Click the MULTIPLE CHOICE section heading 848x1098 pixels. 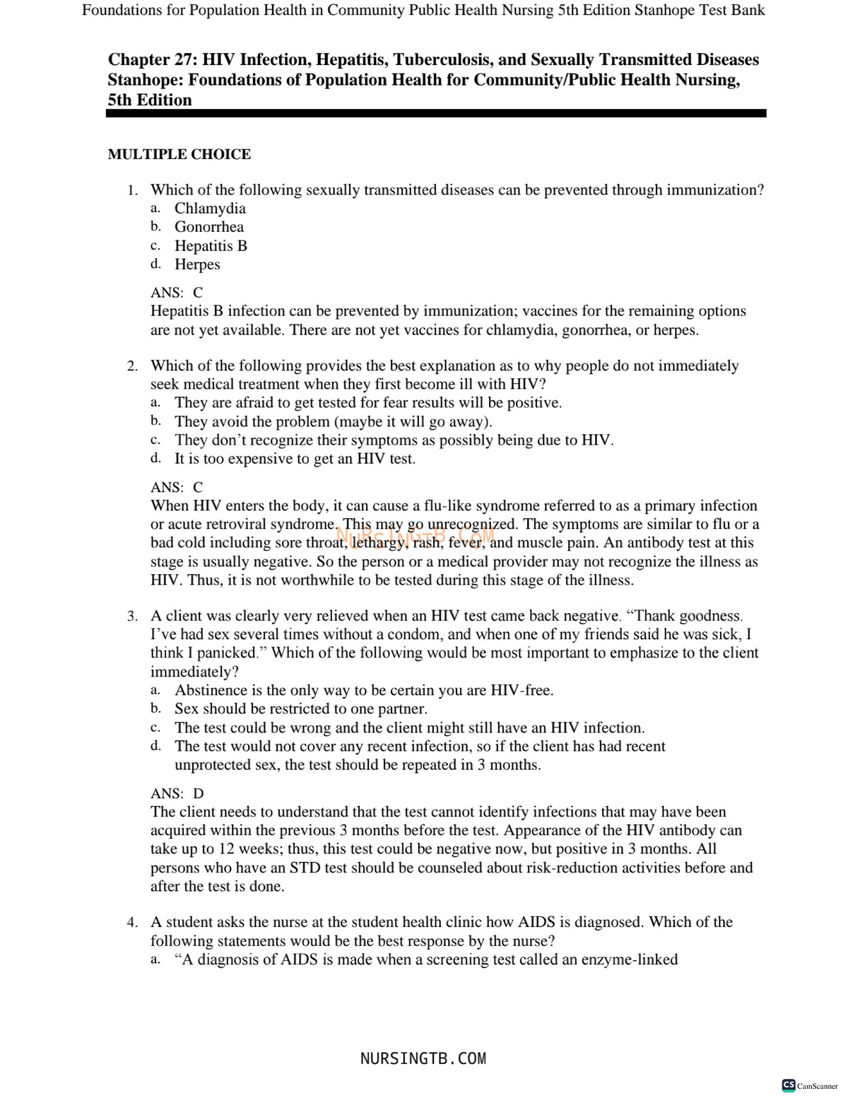(x=179, y=154)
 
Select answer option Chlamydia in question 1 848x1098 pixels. (x=210, y=208)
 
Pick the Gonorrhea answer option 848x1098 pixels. (x=208, y=227)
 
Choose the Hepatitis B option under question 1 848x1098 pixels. (x=211, y=245)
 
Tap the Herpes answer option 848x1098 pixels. (x=197, y=264)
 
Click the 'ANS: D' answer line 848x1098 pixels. (x=177, y=793)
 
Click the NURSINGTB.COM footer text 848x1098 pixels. (x=423, y=1058)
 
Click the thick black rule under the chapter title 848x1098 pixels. (x=436, y=113)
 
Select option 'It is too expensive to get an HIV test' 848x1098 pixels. (x=295, y=459)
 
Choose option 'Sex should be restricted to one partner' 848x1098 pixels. (x=300, y=709)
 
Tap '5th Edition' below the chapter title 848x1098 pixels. (x=150, y=100)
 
